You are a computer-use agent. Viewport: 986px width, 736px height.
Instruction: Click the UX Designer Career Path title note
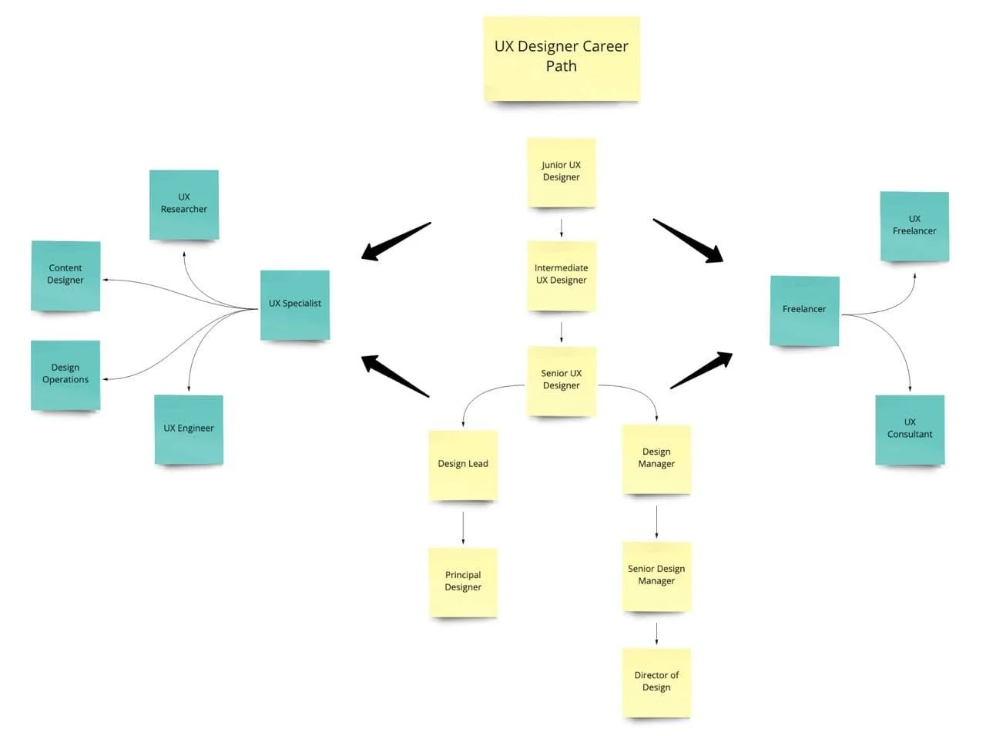coord(562,58)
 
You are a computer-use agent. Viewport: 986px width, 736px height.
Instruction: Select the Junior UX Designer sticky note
coord(562,172)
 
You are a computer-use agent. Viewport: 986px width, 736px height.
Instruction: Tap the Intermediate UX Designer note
coord(562,275)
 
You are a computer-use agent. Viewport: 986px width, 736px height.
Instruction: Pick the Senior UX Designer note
coord(562,380)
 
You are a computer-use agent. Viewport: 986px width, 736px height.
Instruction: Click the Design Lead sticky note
coord(463,464)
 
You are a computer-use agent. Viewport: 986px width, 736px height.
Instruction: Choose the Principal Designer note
coord(463,581)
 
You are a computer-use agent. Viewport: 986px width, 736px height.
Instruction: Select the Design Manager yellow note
coord(656,459)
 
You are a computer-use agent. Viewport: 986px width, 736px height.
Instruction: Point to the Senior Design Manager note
coord(656,576)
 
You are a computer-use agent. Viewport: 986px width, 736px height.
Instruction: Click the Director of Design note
coord(656,682)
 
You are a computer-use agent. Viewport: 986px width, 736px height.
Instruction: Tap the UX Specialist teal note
coord(295,304)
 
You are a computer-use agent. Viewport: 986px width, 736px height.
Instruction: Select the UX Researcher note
coord(184,204)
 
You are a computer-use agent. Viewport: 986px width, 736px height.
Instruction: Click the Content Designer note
coord(65,275)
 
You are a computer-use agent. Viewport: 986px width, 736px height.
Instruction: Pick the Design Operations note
coord(65,375)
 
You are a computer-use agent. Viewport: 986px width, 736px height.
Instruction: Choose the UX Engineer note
coord(189,429)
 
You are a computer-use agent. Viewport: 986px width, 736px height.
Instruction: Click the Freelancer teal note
coord(804,310)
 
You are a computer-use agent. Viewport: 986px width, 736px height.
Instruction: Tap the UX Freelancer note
coord(914,226)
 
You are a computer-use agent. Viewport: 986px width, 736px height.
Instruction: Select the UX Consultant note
coord(910,429)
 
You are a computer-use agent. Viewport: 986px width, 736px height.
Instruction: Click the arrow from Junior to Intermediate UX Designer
coord(562,228)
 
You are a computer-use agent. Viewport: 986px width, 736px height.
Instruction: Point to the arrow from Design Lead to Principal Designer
coord(463,528)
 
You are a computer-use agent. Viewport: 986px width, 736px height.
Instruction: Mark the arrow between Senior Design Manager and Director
coord(656,633)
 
